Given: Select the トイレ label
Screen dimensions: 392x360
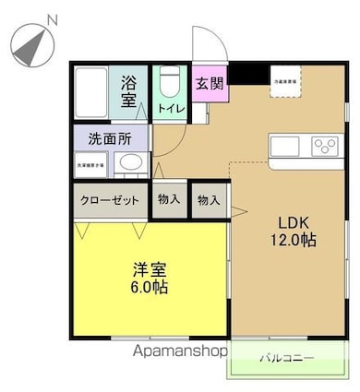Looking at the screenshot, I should (170, 109).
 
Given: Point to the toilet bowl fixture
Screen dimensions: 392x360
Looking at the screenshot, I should (170, 84).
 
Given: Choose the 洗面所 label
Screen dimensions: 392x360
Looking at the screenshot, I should (109, 140).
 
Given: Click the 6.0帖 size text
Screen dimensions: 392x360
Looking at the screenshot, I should (150, 288).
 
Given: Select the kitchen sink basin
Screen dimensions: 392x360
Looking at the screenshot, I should (286, 146).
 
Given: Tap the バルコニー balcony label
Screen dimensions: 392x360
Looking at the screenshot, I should (286, 358).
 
